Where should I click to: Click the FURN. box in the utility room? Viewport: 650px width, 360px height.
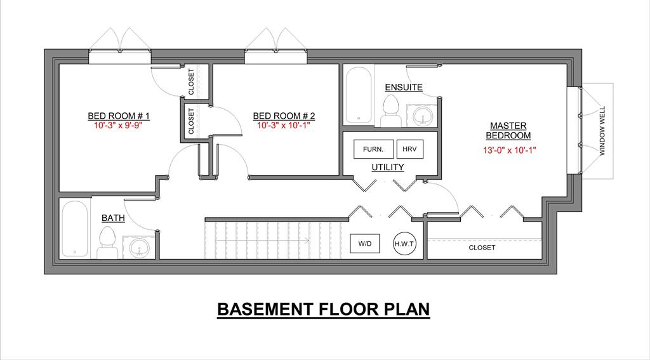(x=373, y=149)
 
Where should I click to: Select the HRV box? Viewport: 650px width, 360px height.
(x=409, y=149)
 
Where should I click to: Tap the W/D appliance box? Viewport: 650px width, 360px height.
(x=365, y=243)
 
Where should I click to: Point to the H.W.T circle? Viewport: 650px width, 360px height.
(x=404, y=243)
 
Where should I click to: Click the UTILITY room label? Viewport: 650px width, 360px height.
(x=388, y=167)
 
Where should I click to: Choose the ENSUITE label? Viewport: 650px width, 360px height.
(x=404, y=88)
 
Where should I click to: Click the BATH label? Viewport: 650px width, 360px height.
(x=113, y=218)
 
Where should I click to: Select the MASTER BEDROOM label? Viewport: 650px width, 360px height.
(x=508, y=131)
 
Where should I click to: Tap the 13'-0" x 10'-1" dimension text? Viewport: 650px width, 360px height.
(x=510, y=150)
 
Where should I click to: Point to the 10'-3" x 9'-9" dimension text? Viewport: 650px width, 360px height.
(x=118, y=125)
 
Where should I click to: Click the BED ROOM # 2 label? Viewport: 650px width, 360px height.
(x=284, y=116)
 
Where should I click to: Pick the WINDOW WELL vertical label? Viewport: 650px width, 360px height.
(x=602, y=131)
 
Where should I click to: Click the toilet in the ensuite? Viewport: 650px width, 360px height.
(x=391, y=110)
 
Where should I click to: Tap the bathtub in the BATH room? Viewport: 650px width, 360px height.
(x=75, y=229)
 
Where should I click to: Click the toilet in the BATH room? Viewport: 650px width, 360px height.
(x=107, y=243)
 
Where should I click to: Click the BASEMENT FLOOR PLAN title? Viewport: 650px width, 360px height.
(x=323, y=309)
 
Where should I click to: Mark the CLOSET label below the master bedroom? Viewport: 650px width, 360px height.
(x=482, y=248)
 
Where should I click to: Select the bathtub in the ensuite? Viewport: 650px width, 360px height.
(x=359, y=95)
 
